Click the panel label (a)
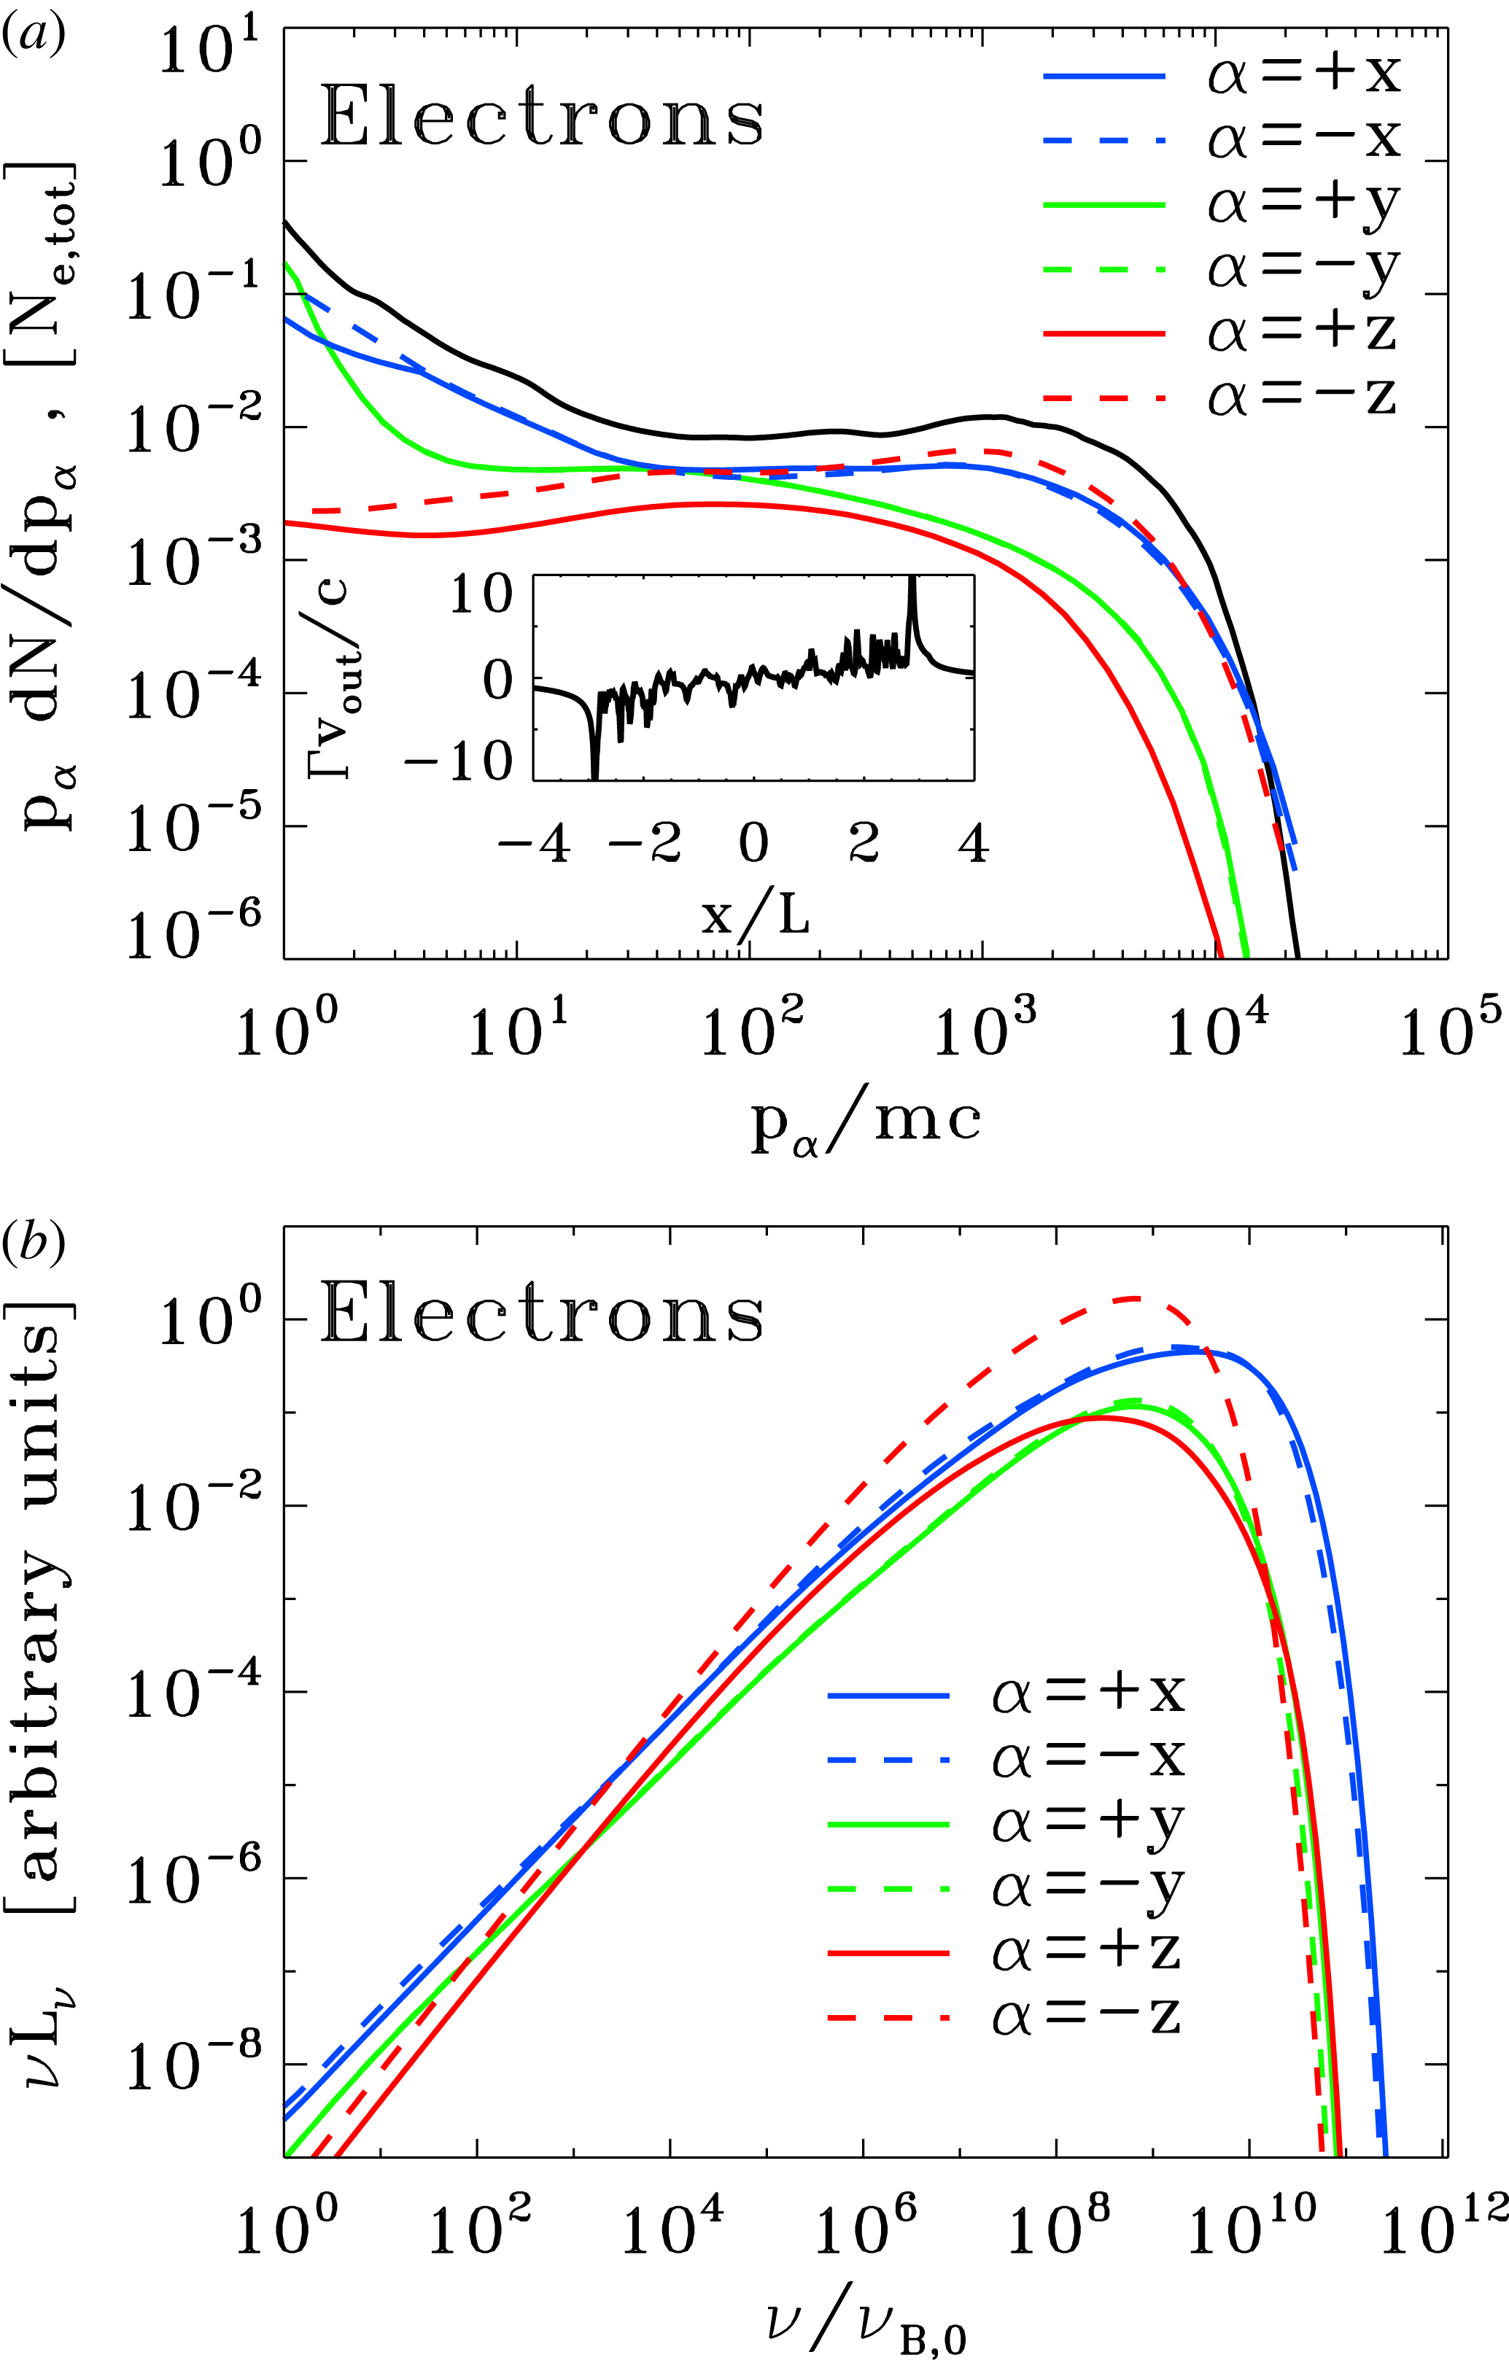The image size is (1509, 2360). pos(34,36)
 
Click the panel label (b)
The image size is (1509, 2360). pos(34,1242)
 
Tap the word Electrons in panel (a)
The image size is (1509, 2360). pos(542,117)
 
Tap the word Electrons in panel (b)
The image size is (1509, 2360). pos(542,1313)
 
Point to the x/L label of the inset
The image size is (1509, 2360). pos(754,915)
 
